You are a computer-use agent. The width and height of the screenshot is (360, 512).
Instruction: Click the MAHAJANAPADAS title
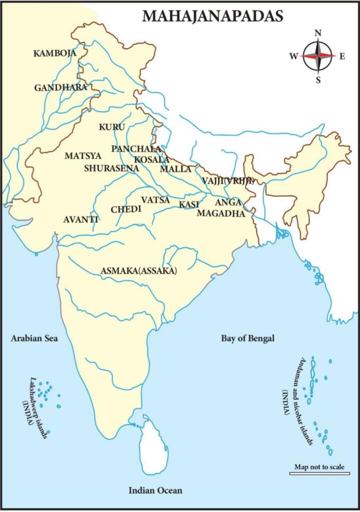(212, 16)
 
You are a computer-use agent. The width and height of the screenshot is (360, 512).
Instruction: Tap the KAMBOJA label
(54, 53)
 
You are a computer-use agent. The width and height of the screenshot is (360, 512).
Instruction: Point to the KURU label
(112, 127)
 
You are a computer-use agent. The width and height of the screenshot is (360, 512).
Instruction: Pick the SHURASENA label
(111, 168)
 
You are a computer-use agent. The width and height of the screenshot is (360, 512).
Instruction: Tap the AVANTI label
(80, 219)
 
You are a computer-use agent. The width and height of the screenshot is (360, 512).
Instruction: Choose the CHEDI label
(126, 209)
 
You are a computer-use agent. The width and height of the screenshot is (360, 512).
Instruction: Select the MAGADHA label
(220, 213)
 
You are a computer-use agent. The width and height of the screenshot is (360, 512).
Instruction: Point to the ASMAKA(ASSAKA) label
(139, 270)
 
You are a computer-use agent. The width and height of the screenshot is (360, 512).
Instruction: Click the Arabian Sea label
(34, 338)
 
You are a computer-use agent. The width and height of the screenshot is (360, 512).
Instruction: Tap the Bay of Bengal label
(248, 338)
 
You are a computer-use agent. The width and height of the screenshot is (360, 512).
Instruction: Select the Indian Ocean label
(155, 490)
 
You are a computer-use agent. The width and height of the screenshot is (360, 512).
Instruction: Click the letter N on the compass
(318, 33)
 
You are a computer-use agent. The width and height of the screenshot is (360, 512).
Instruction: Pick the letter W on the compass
(293, 56)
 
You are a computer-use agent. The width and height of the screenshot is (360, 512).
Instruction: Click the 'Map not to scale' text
(319, 467)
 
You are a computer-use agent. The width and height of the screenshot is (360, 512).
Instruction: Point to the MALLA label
(175, 169)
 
